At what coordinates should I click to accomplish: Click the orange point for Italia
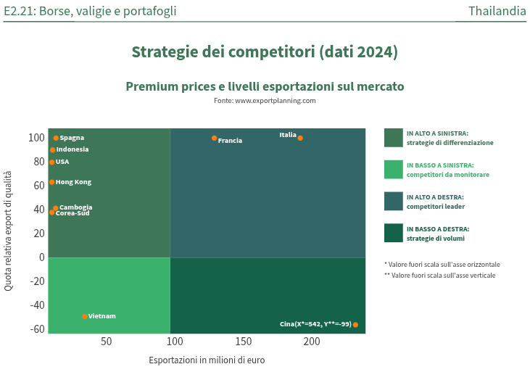300,138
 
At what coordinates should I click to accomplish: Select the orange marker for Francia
215,138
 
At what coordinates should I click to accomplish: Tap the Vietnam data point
85,316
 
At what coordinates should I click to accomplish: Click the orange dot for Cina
355,324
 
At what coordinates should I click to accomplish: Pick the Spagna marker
56,138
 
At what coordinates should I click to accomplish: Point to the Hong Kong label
73,182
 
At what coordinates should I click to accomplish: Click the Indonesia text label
73,149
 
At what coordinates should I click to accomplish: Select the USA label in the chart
62,162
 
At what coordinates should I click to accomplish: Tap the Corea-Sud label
73,213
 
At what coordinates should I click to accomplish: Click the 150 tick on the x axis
243,342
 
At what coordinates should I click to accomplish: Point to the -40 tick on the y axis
36,305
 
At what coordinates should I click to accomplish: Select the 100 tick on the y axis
37,138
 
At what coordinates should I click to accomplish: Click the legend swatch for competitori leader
393,201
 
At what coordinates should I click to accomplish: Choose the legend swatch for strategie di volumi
393,233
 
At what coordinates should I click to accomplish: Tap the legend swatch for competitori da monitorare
393,170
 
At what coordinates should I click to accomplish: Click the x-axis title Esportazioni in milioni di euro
207,360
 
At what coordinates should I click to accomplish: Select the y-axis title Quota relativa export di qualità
9,231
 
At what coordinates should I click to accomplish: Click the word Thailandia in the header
497,11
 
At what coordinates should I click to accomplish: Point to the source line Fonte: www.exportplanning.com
265,101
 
